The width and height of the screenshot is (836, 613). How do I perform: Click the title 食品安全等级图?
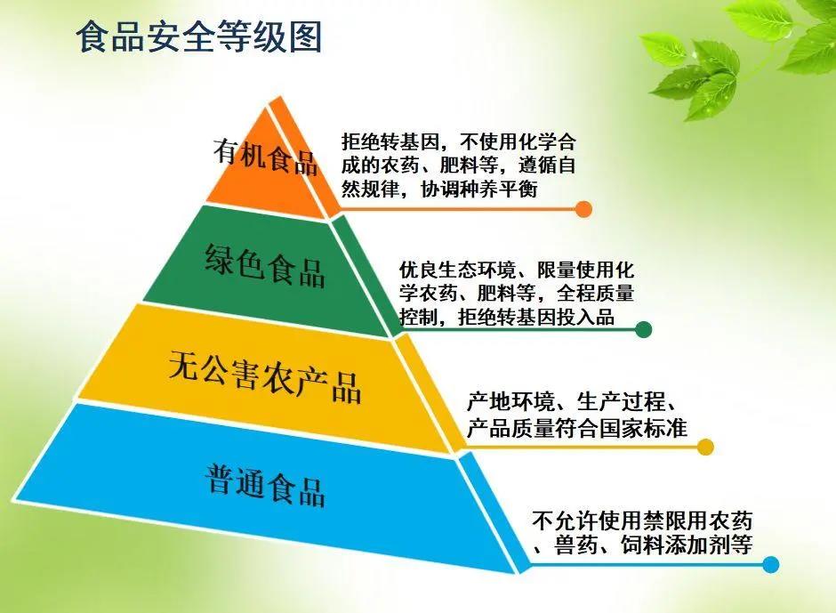pos(198,36)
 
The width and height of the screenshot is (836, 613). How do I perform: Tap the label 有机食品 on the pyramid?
pos(266,157)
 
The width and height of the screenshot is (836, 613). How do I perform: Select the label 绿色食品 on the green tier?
pos(265,265)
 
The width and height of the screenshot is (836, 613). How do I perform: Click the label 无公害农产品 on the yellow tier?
pos(265,376)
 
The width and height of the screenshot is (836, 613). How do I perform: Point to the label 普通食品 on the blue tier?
pos(265,485)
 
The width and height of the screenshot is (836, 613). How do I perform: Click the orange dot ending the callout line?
pos(583,208)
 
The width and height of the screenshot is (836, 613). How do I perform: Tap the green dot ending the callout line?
pos(644,329)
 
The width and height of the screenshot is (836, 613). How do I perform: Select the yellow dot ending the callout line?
pos(705,448)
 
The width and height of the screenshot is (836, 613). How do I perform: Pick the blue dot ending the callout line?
pos(770,564)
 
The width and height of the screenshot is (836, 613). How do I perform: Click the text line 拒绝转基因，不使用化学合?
pos(459,142)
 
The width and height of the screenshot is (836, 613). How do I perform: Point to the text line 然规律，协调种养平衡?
pos(439,189)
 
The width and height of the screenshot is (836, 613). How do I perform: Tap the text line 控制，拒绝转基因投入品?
pos(507,317)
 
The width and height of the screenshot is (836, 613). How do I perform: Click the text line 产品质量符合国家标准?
pos(577,428)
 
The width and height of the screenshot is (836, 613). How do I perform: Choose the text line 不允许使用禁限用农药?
pos(642,520)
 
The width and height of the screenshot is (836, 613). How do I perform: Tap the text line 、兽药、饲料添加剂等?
pos(642,544)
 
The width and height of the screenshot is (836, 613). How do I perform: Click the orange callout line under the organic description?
pos(459,208)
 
